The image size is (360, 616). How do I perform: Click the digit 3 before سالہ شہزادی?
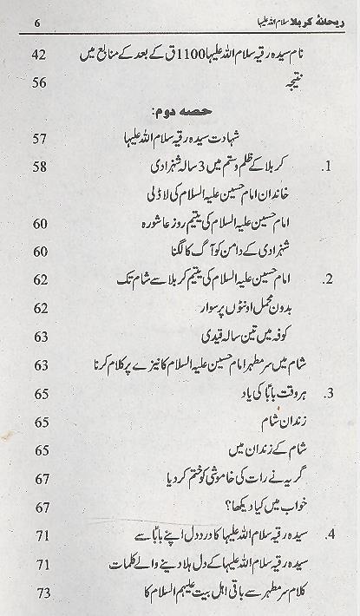[224, 166]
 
